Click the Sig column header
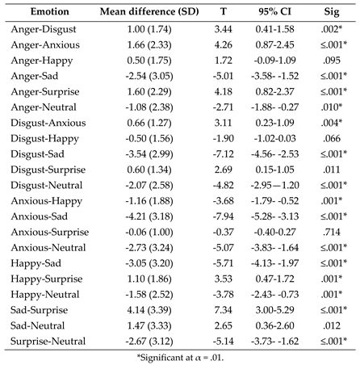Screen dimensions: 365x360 click(333, 14)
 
